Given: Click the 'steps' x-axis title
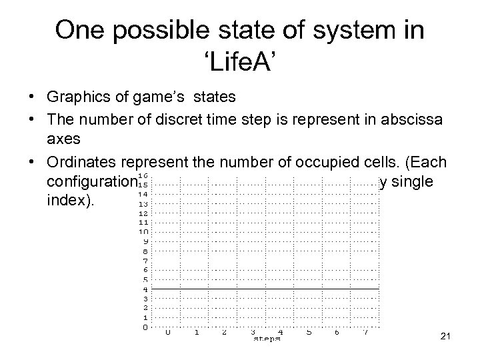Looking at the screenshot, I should pyautogui.click(x=267, y=339).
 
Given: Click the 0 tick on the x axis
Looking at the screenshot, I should pyautogui.click(x=168, y=331).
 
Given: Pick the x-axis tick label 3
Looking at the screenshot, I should pyautogui.click(x=253, y=331).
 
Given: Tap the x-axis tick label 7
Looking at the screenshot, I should pyautogui.click(x=365, y=331).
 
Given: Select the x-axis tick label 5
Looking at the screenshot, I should pyautogui.click(x=309, y=331).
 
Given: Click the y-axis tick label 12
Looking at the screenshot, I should pyautogui.click(x=143, y=213).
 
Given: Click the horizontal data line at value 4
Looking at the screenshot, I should pyautogui.click(x=267, y=289).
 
